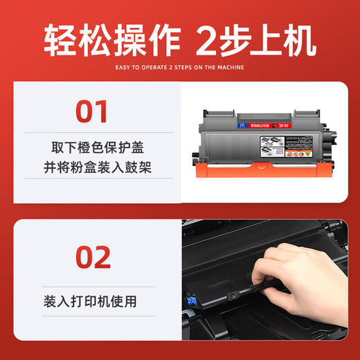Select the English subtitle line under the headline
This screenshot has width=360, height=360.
tap(180, 68)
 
